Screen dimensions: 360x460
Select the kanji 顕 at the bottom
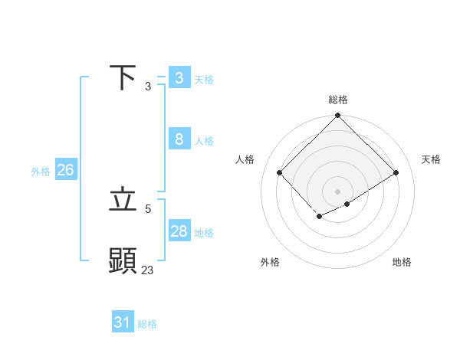pos(123,261)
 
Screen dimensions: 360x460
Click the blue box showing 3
pos(179,77)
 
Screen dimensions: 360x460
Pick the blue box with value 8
pos(179,139)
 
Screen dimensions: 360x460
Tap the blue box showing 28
pos(179,231)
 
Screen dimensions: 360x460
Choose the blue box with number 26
pos(65,170)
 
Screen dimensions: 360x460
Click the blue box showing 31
pos(123,322)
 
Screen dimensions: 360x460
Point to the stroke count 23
pos(147,270)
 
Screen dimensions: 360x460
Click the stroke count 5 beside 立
pos(148,208)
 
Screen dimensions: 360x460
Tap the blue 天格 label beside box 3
pos(204,80)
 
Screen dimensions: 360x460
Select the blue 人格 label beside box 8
pos(204,141)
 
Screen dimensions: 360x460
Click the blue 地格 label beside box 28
pos(204,233)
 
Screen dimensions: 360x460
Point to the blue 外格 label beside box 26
pos(41,172)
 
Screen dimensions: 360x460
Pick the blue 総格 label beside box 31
pos(147,324)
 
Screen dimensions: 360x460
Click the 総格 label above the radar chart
pos(338,100)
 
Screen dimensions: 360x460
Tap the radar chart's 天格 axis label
pos(431,159)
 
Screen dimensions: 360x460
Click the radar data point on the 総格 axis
pos(338,116)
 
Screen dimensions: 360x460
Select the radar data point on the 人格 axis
pos(280,172)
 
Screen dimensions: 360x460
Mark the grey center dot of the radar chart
pos(338,191)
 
